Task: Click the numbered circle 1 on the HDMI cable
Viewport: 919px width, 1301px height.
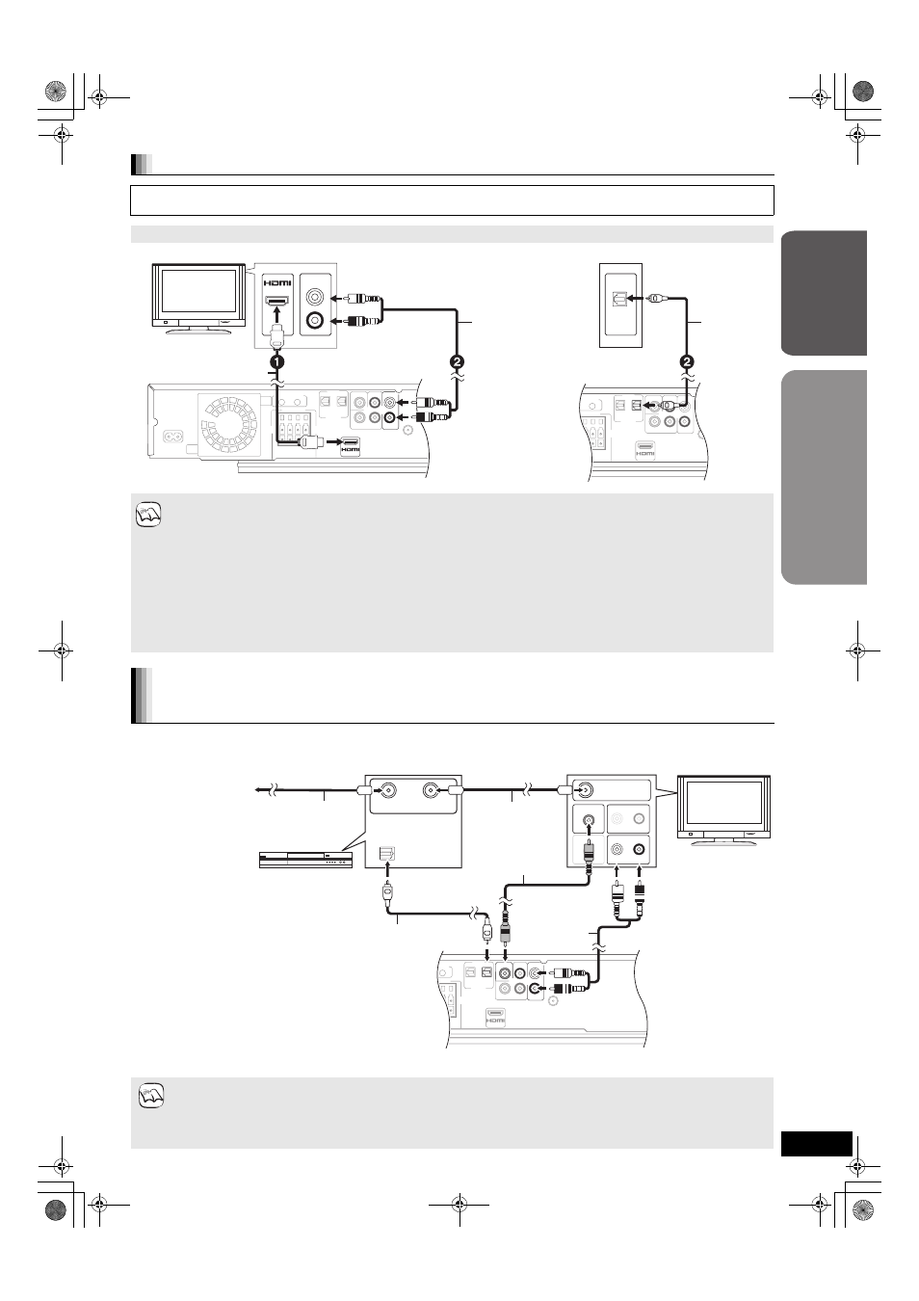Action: pyautogui.click(x=277, y=361)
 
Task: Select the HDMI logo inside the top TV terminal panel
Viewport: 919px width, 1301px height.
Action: pyautogui.click(x=277, y=283)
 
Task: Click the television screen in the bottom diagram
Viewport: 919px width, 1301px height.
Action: pyautogui.click(x=723, y=802)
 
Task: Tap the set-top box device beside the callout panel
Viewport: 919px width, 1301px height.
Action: pyautogui.click(x=305, y=860)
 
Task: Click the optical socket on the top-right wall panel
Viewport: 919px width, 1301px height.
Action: pyautogui.click(x=620, y=299)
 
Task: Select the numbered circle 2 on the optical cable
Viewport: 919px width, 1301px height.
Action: pyautogui.click(x=687, y=361)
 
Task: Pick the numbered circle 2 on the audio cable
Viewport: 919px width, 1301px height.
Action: pyautogui.click(x=458, y=361)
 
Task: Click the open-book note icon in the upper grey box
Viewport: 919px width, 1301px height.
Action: pyautogui.click(x=148, y=515)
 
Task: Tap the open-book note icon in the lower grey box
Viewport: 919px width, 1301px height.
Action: pyautogui.click(x=151, y=1096)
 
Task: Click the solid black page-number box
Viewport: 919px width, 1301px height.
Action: pyautogui.click(x=816, y=1144)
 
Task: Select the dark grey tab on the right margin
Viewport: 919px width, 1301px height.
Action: pyautogui.click(x=824, y=293)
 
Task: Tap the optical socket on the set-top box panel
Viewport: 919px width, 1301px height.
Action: pyautogui.click(x=386, y=853)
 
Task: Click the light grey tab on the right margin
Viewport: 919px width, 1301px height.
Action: pyautogui.click(x=824, y=477)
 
